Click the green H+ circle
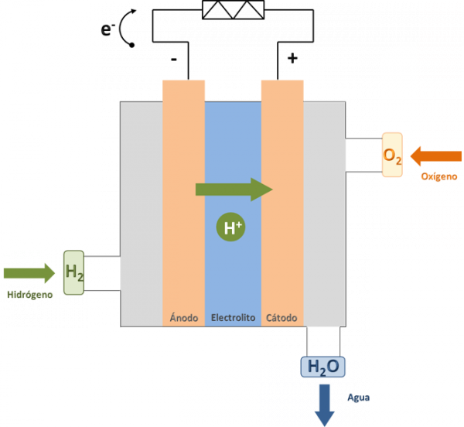(x=233, y=227)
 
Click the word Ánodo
(x=184, y=317)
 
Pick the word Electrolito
(x=234, y=317)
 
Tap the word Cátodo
(x=281, y=317)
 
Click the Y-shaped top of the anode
(x=184, y=82)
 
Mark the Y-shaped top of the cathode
(x=281, y=82)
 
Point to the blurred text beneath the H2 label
(x=31, y=295)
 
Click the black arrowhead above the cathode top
(x=309, y=56)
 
